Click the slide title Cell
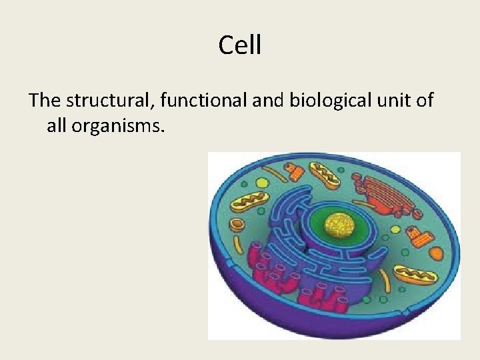click(240, 45)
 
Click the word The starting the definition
click(45, 101)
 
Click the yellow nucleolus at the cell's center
click(341, 225)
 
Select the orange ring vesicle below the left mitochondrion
click(237, 224)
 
